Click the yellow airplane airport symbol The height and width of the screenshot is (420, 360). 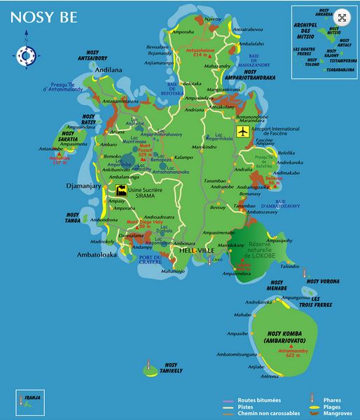(x=243, y=132)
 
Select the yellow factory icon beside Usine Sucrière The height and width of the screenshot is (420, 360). (x=121, y=190)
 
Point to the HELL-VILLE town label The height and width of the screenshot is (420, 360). (x=195, y=250)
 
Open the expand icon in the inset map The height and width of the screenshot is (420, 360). (x=342, y=18)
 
